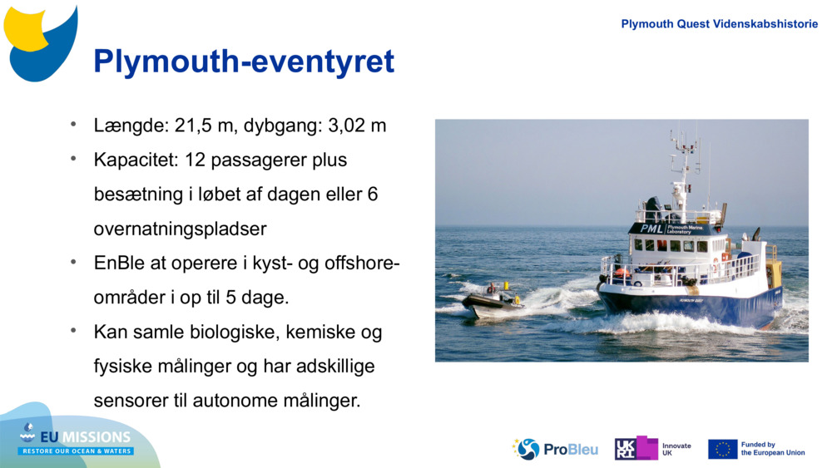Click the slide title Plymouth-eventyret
coord(244,62)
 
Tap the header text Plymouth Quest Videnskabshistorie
coord(719,24)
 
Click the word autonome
coord(236,401)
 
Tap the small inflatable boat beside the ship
coord(492,302)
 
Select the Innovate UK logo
coord(652,449)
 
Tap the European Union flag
coord(722,449)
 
